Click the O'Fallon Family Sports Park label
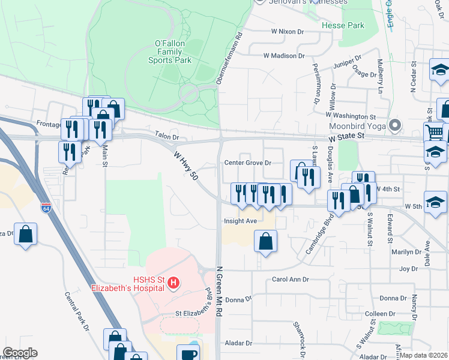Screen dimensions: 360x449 pos(173,52)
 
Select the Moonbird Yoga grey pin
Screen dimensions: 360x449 pos(395,127)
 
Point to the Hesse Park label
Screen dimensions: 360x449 pos(343,26)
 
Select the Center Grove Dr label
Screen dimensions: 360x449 pos(248,163)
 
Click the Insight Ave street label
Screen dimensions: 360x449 pos(240,221)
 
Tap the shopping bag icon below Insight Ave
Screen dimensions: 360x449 pos(265,241)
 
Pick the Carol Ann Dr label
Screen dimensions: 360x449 pos(290,280)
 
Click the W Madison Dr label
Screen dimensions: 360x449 pos(284,56)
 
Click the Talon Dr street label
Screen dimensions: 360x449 pos(167,136)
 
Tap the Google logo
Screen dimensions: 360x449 pos(20,353)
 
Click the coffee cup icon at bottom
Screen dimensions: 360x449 pos(188,354)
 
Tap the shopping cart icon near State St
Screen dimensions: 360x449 pos(435,132)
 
